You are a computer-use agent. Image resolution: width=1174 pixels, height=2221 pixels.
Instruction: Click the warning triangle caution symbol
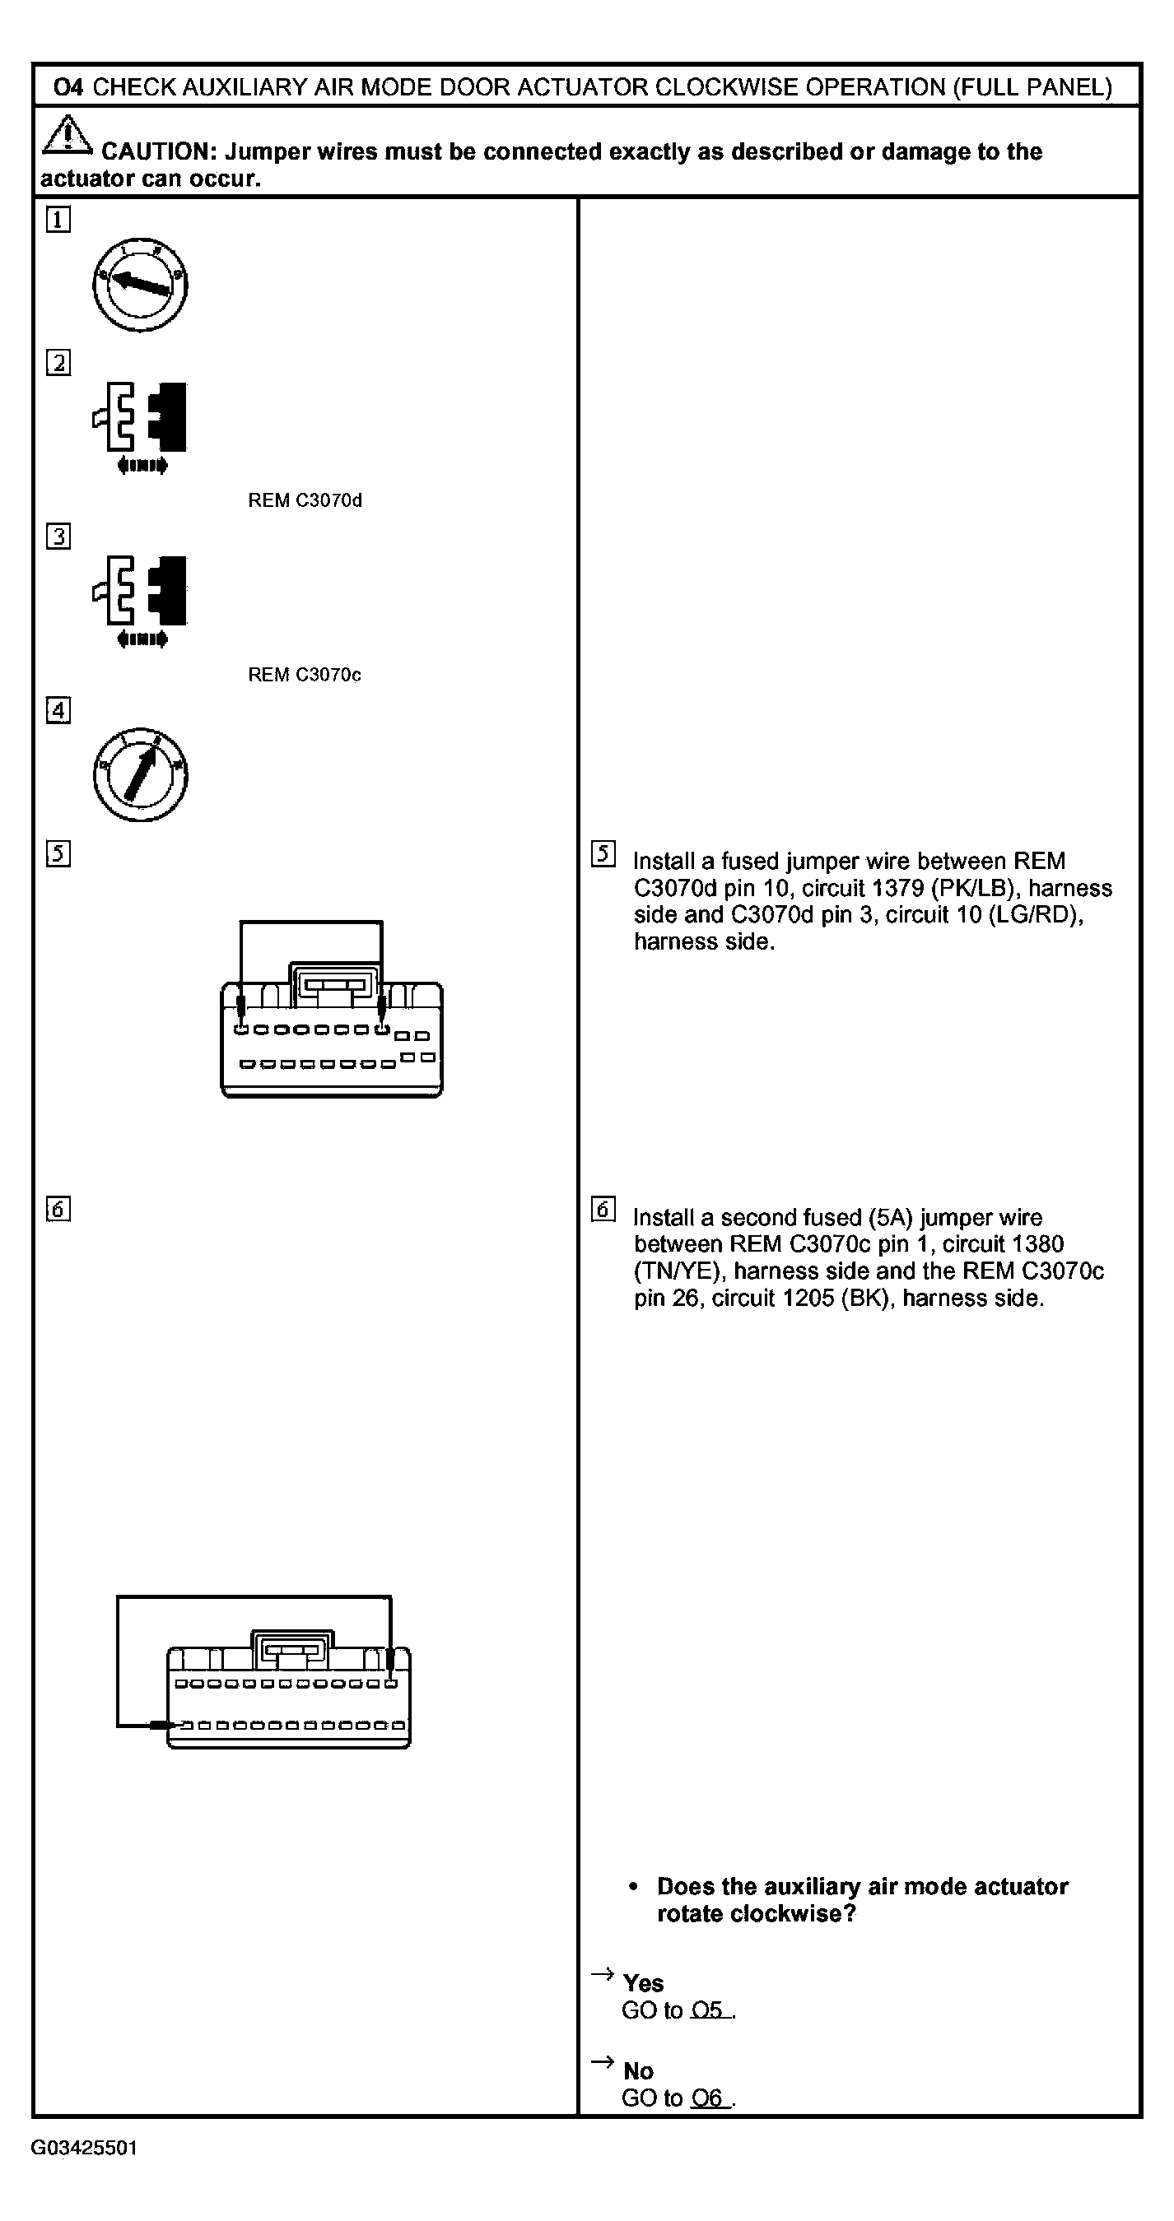coord(68,137)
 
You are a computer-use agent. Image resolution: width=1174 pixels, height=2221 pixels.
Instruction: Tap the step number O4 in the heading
coord(68,87)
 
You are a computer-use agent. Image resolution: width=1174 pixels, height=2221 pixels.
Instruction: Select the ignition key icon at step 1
coord(140,285)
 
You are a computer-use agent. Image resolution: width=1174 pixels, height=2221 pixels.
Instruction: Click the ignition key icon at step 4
coord(140,774)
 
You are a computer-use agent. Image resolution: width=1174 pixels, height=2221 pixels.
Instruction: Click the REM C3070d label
coord(305,501)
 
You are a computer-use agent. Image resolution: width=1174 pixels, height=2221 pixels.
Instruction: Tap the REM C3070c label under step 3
coord(305,675)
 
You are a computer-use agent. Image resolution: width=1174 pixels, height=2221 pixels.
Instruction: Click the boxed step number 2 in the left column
coord(58,363)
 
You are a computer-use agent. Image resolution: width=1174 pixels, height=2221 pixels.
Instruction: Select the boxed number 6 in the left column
coord(58,1209)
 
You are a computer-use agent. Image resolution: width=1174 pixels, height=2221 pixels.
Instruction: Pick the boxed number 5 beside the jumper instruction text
coord(603,853)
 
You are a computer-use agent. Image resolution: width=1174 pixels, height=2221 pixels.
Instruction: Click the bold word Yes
coord(643,1984)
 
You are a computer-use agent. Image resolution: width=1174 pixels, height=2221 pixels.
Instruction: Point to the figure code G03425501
coord(85,2148)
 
